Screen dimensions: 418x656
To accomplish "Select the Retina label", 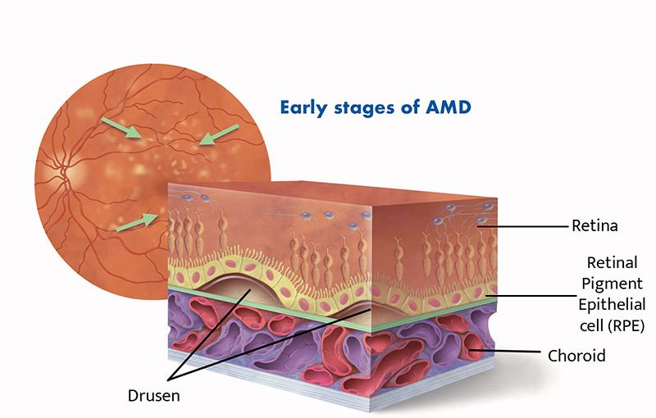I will [594, 224].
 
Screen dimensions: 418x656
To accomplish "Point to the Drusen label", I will [153, 395].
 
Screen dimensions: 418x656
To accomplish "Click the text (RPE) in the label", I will [625, 325].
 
